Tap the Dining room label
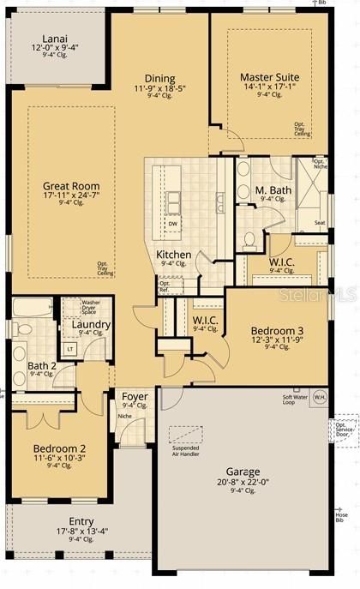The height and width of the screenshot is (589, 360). pyautogui.click(x=159, y=78)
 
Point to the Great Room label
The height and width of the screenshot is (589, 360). pyautogui.click(x=71, y=186)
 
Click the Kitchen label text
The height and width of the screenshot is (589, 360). pyautogui.click(x=173, y=255)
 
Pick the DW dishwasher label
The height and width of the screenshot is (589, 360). pyautogui.click(x=173, y=223)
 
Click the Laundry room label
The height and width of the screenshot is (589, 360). pyautogui.click(x=90, y=325)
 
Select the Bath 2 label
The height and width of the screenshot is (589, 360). pyautogui.click(x=42, y=365)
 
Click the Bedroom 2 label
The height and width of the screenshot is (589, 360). pyautogui.click(x=59, y=449)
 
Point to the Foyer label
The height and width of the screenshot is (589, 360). pyautogui.click(x=135, y=396)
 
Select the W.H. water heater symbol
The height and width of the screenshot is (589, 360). pyautogui.click(x=319, y=397)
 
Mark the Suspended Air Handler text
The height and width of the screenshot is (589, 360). pyautogui.click(x=187, y=451)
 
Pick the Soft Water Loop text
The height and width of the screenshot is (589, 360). pyautogui.click(x=295, y=399)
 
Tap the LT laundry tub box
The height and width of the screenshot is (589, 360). pyautogui.click(x=69, y=348)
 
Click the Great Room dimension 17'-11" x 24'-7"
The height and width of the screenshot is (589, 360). pyautogui.click(x=71, y=195)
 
